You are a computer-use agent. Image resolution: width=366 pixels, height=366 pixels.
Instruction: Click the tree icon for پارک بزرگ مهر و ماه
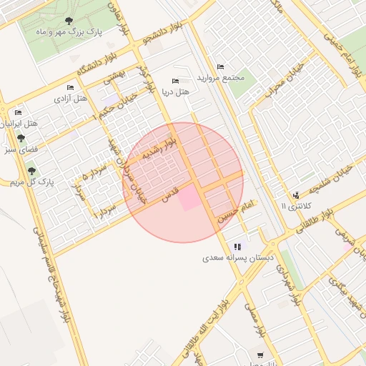tap(69, 21)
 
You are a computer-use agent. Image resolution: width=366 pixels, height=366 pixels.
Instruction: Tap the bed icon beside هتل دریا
tap(176, 81)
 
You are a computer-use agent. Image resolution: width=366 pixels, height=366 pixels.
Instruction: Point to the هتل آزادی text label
tap(71, 99)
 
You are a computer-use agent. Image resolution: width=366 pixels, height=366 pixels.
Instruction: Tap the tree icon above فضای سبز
tap(21, 138)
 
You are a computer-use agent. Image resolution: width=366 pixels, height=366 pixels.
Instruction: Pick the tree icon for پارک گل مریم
tap(31, 171)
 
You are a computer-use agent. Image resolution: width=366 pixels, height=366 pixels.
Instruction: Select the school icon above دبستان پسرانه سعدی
tap(237, 247)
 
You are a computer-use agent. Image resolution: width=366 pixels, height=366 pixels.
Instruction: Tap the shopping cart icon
tap(259, 355)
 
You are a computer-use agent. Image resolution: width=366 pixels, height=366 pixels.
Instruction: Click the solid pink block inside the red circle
tap(190, 197)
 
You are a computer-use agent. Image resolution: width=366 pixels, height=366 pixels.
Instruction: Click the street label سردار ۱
tap(105, 209)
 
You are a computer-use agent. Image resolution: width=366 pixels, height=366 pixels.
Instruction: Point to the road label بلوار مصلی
tap(255, 320)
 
